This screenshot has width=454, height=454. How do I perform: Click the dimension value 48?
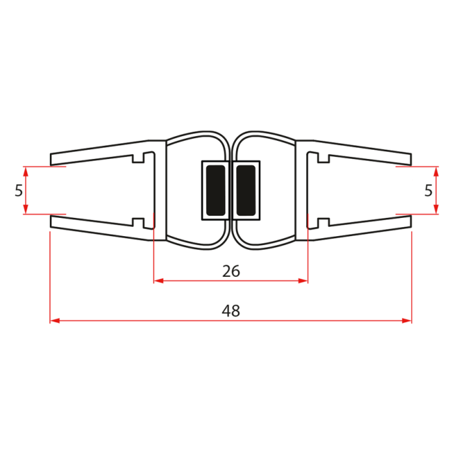click(x=230, y=311)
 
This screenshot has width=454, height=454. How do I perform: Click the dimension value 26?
click(x=231, y=271)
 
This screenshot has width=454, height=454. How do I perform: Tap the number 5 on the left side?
click(x=18, y=191)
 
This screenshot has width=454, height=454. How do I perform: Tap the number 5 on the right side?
click(x=427, y=191)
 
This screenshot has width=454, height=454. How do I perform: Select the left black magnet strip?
click(x=214, y=190)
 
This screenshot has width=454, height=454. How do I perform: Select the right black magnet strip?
click(x=246, y=190)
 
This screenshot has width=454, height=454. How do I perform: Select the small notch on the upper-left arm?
click(x=138, y=158)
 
